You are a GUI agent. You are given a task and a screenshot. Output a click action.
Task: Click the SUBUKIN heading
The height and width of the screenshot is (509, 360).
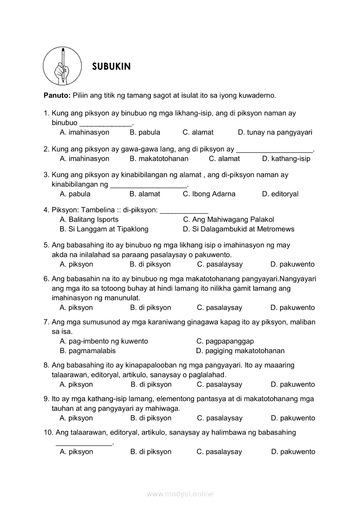pos(111,67)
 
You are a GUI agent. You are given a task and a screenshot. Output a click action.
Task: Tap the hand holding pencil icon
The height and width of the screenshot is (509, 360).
pos(62,66)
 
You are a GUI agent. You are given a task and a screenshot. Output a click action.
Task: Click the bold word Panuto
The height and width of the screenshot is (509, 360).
pos(57,95)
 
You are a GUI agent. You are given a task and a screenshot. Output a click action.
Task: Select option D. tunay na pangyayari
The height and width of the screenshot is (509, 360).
pos(275,132)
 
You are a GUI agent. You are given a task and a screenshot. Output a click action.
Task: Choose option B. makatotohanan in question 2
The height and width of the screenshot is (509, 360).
pos(159,158)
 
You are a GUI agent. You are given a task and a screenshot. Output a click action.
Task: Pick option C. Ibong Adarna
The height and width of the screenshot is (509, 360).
pos(209,194)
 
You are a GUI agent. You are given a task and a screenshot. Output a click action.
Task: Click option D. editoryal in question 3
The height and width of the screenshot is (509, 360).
pos(280,194)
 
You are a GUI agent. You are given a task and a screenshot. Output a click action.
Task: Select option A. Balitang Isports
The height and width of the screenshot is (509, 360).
pos(89,219)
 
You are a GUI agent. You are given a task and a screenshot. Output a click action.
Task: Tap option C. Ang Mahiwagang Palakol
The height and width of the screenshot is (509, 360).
pos(228,219)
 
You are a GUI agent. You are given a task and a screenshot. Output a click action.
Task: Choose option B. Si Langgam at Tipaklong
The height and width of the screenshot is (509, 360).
pos(104,229)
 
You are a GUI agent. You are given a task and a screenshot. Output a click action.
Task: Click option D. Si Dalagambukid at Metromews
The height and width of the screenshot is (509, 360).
pos(238,229)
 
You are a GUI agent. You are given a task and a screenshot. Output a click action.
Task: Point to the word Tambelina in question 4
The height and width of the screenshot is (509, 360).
pos(100,210)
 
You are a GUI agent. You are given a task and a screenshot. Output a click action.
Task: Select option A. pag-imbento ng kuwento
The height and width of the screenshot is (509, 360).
pos(104,341)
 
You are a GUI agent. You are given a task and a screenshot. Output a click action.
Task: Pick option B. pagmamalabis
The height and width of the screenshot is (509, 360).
pos(88,351)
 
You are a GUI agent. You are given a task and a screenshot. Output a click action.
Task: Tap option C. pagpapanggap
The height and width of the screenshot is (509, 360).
pos(225,341)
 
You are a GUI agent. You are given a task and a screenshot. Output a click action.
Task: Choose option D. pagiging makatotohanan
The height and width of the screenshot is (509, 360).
pos(240,351)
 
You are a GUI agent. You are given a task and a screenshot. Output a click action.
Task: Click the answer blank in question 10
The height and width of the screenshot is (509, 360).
pos(84,443)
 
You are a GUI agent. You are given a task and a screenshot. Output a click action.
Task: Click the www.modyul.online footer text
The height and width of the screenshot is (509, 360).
pos(180,494)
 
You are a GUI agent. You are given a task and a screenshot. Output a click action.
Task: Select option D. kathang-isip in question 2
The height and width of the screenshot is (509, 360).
pos(286,158)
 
